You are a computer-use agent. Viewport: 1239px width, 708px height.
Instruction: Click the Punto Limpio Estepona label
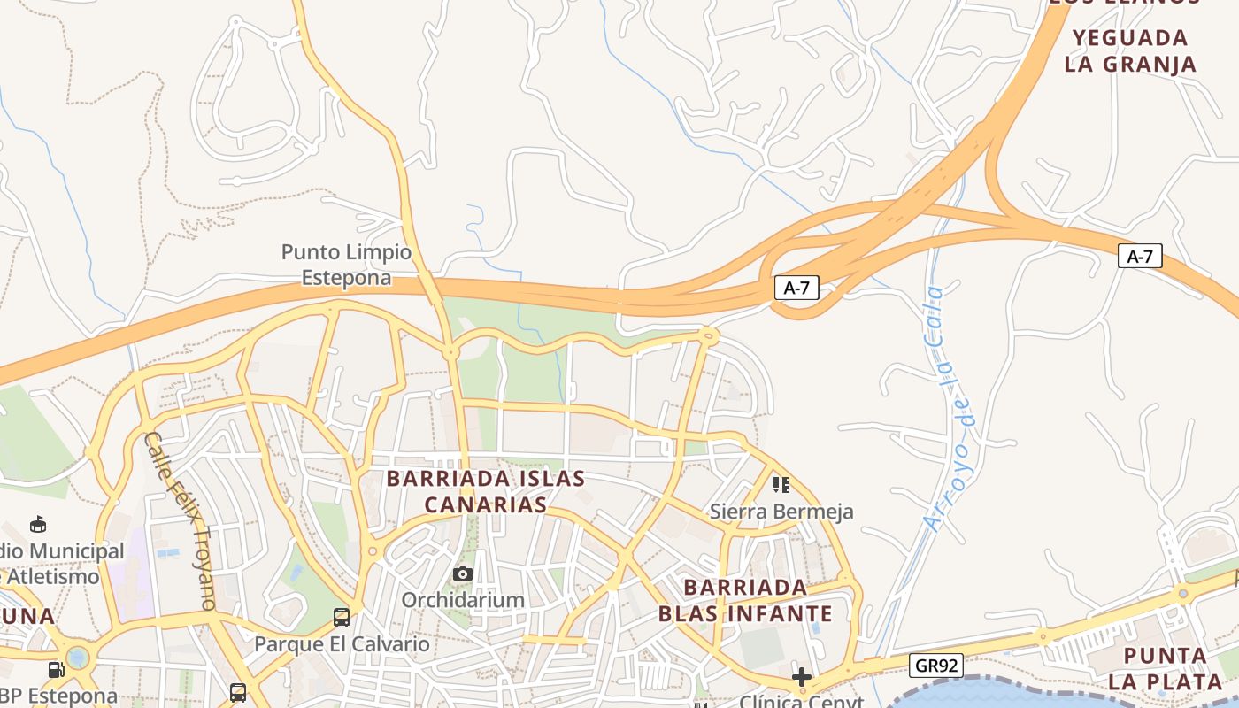346,265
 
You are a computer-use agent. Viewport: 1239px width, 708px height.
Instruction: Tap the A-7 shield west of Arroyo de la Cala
796,288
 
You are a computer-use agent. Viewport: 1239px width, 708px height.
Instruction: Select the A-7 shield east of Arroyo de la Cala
1139,257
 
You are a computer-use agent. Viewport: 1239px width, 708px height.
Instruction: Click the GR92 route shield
936,666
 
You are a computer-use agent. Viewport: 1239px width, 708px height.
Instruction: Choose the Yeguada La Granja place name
1130,51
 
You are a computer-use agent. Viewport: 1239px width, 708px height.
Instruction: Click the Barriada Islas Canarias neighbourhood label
486,492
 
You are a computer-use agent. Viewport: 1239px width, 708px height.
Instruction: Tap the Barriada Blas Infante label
745,601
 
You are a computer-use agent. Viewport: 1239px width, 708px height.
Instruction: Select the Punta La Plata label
1165,669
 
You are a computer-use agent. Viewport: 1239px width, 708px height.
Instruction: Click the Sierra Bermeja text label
781,512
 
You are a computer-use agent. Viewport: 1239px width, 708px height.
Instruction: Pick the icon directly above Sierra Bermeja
781,484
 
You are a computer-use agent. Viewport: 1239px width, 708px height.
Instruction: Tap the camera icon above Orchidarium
462,574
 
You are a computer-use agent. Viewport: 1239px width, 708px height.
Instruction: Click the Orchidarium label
463,600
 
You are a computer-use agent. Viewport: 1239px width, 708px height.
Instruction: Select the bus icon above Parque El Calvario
342,617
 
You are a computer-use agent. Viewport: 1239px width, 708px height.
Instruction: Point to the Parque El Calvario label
342,643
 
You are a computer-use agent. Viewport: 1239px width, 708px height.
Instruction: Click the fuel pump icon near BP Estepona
56,670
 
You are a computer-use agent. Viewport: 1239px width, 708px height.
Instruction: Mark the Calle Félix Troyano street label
181,520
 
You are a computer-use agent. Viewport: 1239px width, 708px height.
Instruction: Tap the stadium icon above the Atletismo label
38,525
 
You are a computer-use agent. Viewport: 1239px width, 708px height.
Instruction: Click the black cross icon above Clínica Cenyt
802,678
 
